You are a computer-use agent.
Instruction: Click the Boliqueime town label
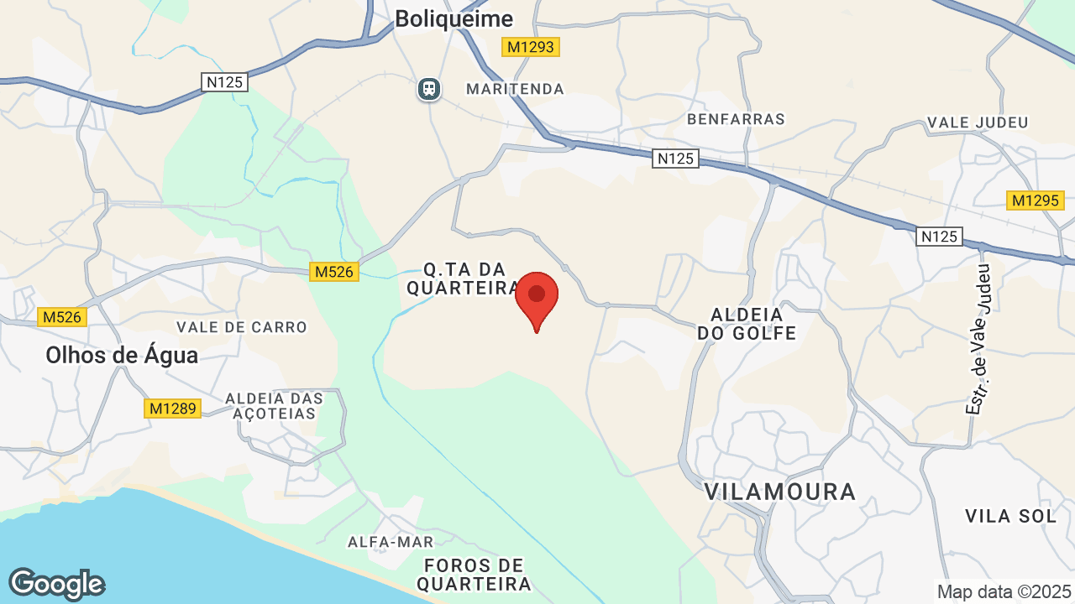coord(454,18)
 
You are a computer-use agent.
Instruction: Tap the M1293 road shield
coord(531,47)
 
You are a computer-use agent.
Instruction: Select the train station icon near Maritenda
coord(429,88)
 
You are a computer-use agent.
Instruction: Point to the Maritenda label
coord(515,89)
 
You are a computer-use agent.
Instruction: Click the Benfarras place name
coord(736,119)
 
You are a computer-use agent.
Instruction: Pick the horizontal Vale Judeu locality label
coord(978,122)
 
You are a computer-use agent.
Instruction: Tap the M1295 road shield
coord(1036,200)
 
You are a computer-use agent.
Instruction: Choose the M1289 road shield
coord(172,409)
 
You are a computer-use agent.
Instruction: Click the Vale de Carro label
coord(242,327)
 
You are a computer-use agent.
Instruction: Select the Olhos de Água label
coord(122,355)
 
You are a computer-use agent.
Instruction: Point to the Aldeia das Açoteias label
coord(275,405)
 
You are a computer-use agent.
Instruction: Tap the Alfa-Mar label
coord(391,542)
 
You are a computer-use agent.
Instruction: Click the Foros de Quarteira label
coord(474,574)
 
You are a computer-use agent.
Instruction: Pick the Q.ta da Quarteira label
coord(464,279)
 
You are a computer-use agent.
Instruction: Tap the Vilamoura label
coord(780,492)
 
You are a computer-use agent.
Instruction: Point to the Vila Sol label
coord(1011,516)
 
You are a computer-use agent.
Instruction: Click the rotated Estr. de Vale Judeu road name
coord(979,339)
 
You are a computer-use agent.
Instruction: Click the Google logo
coord(56,585)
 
